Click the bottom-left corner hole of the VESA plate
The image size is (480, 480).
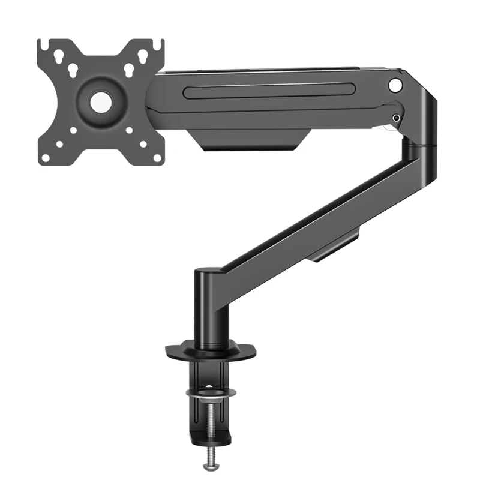[x=46, y=157]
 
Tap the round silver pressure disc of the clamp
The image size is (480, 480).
[x=211, y=394]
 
